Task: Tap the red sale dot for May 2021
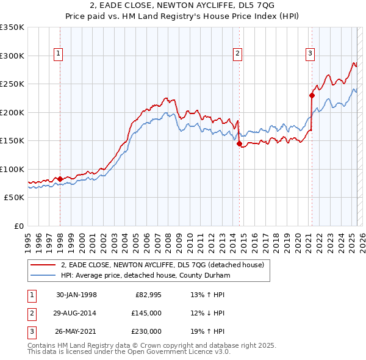[x=312, y=95]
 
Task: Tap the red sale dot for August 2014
[x=239, y=143]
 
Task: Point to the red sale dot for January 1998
[x=60, y=179]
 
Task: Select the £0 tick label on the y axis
[x=18, y=226]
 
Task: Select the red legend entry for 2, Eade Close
[x=162, y=265]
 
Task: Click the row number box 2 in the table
[x=30, y=313]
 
